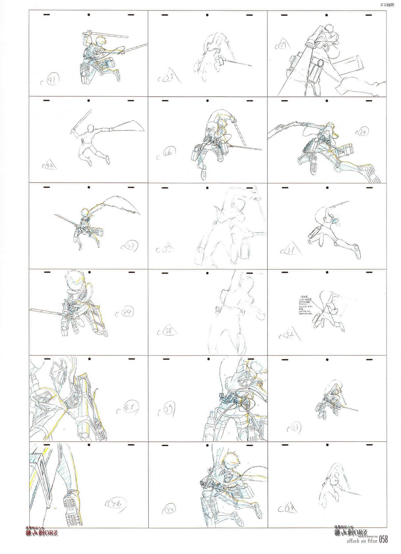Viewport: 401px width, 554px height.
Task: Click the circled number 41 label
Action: point(52,80)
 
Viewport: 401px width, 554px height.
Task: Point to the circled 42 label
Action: point(49,165)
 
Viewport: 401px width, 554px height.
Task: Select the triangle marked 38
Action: point(169,332)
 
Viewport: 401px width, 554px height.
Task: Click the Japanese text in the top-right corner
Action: point(386,5)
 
